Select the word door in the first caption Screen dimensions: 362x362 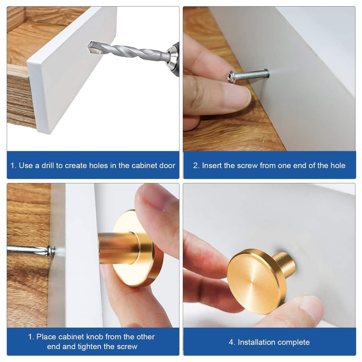[167, 165]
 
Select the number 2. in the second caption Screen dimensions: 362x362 [196, 165]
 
